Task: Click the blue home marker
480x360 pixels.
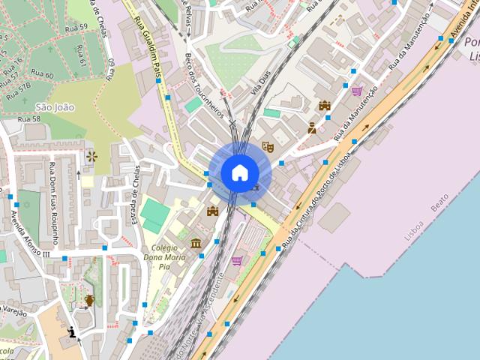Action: click(x=239, y=172)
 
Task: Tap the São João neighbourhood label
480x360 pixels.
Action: click(x=55, y=107)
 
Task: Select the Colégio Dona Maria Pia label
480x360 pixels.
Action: click(x=163, y=261)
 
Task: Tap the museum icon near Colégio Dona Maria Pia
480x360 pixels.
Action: click(x=196, y=243)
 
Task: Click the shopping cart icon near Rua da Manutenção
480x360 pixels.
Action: click(x=356, y=91)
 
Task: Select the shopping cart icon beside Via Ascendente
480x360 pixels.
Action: click(x=237, y=261)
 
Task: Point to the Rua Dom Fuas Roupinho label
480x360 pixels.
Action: click(x=53, y=202)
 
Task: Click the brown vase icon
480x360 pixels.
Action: click(x=90, y=301)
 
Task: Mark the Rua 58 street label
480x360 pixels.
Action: click(x=28, y=119)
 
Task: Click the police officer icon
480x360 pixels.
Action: click(x=312, y=127)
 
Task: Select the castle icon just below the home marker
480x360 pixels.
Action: click(x=213, y=211)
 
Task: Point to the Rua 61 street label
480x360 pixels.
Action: click(x=79, y=54)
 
